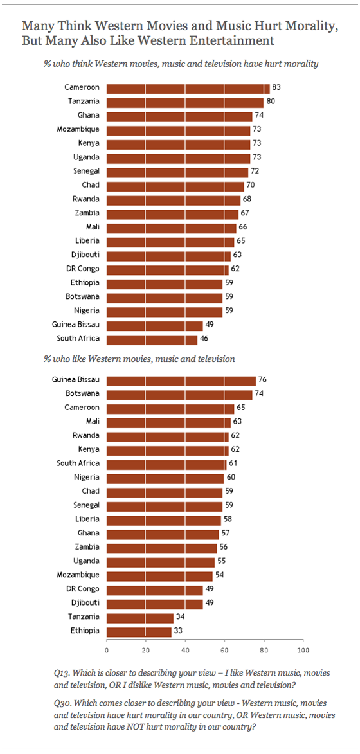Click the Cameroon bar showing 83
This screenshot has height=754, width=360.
click(x=188, y=89)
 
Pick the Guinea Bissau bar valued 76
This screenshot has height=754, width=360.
click(x=181, y=381)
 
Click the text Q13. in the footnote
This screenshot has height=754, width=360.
click(x=62, y=672)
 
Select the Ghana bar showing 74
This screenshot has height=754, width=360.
click(x=179, y=116)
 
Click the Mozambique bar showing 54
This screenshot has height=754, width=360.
click(x=159, y=575)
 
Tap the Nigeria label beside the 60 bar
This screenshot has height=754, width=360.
click(x=87, y=478)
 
